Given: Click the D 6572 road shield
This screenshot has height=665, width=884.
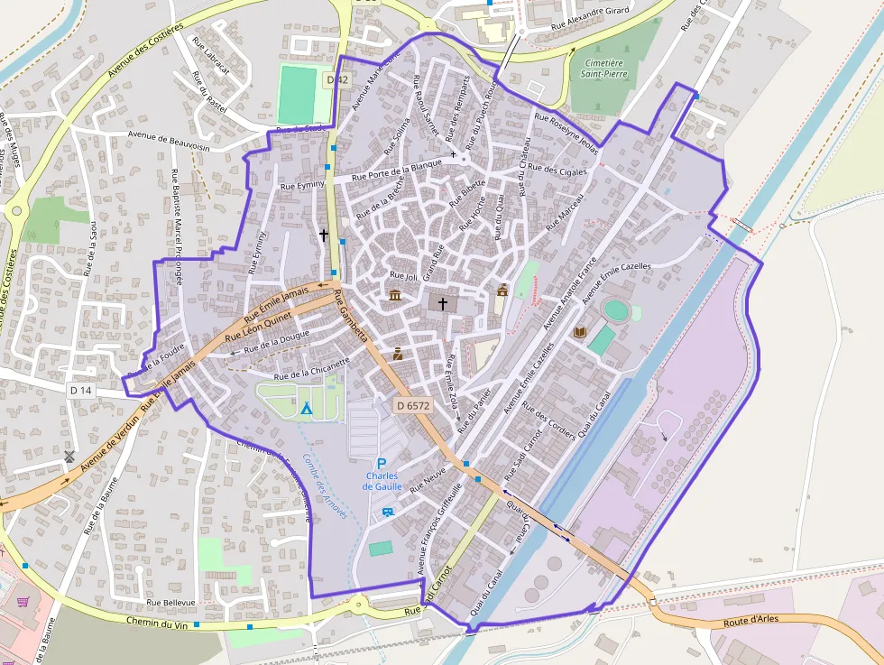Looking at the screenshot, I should (413, 406).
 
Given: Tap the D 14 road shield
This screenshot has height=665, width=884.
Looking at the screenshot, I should (80, 390).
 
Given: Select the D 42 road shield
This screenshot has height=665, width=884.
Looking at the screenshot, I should (337, 80).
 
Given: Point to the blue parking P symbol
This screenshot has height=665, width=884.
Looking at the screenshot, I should (382, 463).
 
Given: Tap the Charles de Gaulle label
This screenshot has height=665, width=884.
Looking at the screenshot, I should (382, 481).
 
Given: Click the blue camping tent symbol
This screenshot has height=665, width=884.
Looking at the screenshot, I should (307, 408).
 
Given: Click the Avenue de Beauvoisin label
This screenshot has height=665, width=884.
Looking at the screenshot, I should (169, 140).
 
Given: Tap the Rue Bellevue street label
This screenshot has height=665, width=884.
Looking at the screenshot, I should (170, 602).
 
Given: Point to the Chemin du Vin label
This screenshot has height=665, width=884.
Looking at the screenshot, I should (162, 621).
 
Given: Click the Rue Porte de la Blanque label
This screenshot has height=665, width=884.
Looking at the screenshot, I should (397, 169).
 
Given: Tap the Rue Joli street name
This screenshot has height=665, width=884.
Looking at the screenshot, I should (403, 275).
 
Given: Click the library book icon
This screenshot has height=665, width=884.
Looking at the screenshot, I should (580, 333).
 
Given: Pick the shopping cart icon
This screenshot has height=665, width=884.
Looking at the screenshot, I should (23, 601).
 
